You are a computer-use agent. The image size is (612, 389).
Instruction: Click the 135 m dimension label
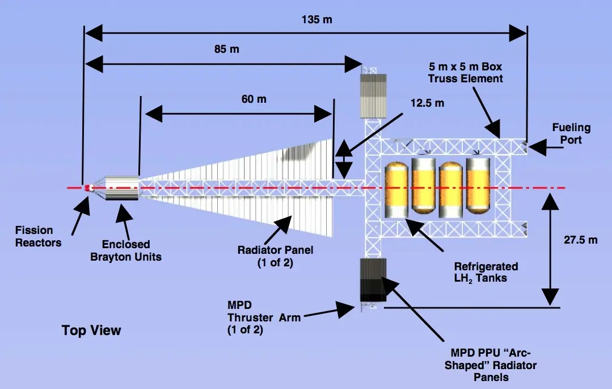click(316, 19)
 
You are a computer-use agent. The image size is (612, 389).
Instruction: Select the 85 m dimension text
click(226, 49)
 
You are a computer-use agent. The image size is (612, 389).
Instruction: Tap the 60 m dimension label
click(254, 99)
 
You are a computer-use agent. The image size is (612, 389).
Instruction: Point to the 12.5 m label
click(427, 103)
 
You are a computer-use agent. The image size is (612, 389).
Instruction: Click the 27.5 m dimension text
click(580, 240)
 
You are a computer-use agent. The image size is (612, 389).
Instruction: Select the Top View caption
click(91, 331)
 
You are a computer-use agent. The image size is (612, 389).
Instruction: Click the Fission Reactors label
click(38, 237)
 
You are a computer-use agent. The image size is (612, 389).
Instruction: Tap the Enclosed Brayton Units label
click(126, 250)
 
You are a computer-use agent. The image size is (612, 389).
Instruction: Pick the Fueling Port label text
click(571, 133)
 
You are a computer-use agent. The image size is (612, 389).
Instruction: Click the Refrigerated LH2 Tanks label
click(486, 273)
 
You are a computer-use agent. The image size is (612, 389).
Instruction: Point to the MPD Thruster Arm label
click(264, 317)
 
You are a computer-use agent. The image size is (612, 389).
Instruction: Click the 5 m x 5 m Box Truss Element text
click(465, 73)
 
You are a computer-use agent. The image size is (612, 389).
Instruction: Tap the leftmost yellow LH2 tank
click(396, 190)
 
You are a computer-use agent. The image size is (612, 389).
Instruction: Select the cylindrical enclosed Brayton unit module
click(121, 188)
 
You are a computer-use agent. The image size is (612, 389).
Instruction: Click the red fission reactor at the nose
click(88, 188)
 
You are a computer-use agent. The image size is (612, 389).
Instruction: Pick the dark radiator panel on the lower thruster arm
click(373, 280)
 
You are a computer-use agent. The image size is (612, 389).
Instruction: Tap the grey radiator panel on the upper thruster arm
click(373, 96)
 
